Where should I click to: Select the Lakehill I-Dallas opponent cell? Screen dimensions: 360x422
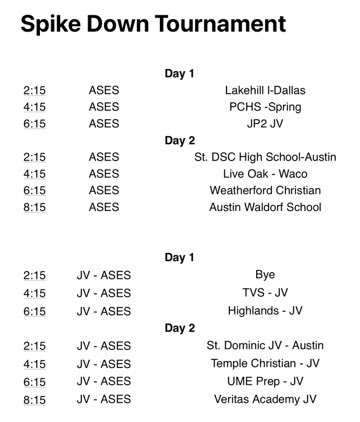tap(265, 90)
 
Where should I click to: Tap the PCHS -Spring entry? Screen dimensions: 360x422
tap(265, 107)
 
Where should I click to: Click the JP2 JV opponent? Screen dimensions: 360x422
tap(265, 124)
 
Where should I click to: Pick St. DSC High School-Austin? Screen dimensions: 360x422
tap(265, 157)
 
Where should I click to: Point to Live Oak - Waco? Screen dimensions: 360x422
tap(265, 174)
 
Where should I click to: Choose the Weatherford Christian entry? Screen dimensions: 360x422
tap(265, 191)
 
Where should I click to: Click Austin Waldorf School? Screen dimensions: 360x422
tap(265, 208)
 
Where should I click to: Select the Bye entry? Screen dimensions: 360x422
tap(265, 275)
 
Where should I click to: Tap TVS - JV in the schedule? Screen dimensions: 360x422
tap(265, 293)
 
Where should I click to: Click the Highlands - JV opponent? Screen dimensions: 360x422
tap(265, 311)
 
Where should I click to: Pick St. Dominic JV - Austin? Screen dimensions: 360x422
tap(265, 345)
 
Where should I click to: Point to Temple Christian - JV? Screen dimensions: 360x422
tap(265, 363)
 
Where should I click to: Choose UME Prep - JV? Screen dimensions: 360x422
tap(265, 381)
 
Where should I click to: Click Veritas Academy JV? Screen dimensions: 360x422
tap(265, 399)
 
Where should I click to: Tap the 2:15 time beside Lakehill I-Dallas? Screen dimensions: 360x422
tap(35, 90)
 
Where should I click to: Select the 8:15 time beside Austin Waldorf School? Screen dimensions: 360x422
tap(35, 208)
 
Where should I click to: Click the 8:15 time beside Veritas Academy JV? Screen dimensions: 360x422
tap(35, 399)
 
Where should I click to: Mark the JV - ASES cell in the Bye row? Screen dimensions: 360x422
tap(103, 275)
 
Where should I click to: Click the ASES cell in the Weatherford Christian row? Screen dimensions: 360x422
tap(103, 191)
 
